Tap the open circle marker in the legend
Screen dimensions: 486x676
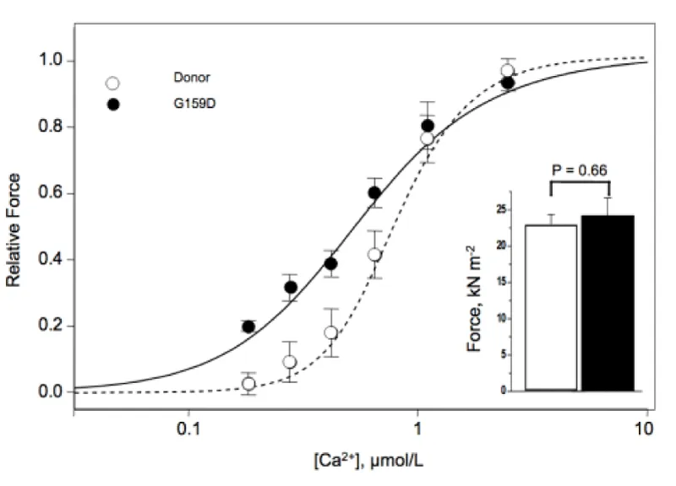(112, 83)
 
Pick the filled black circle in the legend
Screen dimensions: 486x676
(112, 104)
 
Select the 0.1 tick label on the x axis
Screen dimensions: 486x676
(188, 428)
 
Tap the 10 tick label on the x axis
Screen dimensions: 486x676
(645, 428)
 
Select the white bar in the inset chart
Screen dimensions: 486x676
(551, 307)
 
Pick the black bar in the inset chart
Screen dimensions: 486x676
(608, 303)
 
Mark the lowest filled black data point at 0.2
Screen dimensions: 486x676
(248, 327)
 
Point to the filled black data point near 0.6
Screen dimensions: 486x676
(374, 192)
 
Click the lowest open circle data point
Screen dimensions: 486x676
(248, 384)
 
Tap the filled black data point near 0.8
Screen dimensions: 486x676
(428, 126)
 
